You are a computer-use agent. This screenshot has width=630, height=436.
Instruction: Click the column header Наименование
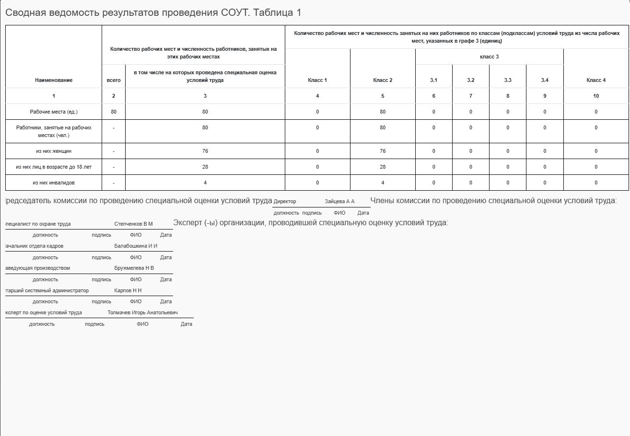(54, 80)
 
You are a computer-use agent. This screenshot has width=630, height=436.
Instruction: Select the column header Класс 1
(317, 80)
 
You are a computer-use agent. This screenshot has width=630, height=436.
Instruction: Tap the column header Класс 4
(596, 80)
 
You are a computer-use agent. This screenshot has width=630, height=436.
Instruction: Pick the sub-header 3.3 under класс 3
(508, 80)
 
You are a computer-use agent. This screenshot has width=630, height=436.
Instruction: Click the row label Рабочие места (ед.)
(54, 112)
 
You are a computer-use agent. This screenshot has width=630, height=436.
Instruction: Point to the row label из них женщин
(54, 151)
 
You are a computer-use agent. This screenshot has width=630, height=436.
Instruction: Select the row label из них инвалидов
(54, 183)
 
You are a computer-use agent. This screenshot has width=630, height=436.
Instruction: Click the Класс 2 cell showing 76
(383, 151)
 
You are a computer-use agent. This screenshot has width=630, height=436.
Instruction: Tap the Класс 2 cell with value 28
(383, 167)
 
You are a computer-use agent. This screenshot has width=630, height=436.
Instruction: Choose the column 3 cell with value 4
(205, 183)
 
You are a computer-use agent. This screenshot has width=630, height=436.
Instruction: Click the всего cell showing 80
(114, 112)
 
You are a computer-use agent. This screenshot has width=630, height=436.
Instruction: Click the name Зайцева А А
(339, 202)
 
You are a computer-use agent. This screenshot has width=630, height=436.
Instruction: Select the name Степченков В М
(133, 224)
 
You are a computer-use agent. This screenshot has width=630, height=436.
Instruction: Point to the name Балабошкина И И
(136, 246)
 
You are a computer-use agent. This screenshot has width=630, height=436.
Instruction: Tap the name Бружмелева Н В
(134, 268)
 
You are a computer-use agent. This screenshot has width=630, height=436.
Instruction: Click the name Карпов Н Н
(128, 290)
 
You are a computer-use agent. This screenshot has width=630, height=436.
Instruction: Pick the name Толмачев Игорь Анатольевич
(142, 312)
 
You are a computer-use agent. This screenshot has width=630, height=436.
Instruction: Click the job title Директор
(285, 202)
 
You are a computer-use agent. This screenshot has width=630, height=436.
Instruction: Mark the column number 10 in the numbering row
(596, 96)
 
